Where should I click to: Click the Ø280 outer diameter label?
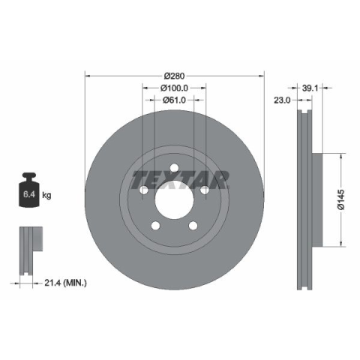pyautogui.click(x=175, y=76)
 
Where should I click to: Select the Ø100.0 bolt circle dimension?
pyautogui.click(x=174, y=88)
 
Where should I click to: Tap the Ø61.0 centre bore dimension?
pyautogui.click(x=174, y=100)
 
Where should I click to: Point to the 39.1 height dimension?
pyautogui.click(x=310, y=88)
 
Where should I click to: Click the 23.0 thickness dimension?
pyautogui.click(x=282, y=100)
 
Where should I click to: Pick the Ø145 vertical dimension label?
pyautogui.click(x=341, y=199)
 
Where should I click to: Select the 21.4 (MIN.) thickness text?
pyautogui.click(x=65, y=283)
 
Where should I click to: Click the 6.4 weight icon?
pyautogui.click(x=29, y=190)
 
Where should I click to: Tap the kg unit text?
pyautogui.click(x=46, y=195)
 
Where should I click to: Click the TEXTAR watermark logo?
pyautogui.click(x=180, y=180)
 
